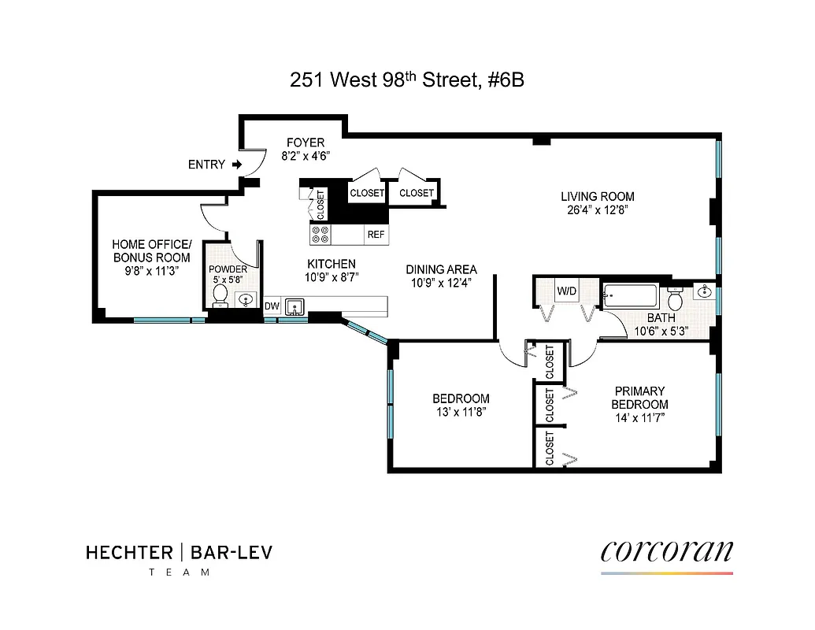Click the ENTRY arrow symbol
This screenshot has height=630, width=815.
tap(235, 165)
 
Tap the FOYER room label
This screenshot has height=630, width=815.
tap(305, 143)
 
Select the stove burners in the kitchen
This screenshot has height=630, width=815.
tap(320, 234)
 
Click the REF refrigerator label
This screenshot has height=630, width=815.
tap(375, 235)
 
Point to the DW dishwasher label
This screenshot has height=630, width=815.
tap(271, 306)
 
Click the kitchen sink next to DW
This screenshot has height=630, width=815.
tap(296, 306)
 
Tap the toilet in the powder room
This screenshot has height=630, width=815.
tap(220, 297)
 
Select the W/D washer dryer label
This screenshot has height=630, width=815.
tap(567, 291)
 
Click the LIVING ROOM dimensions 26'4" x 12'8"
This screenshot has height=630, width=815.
tap(597, 210)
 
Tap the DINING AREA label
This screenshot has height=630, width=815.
tap(441, 269)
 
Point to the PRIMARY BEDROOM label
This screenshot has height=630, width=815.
tap(639, 397)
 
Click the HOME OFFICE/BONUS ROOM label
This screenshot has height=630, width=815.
tap(151, 251)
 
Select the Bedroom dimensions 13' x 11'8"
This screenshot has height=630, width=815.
tap(460, 412)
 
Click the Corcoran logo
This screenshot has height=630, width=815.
tap(666, 550)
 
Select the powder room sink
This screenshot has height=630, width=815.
tap(246, 300)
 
